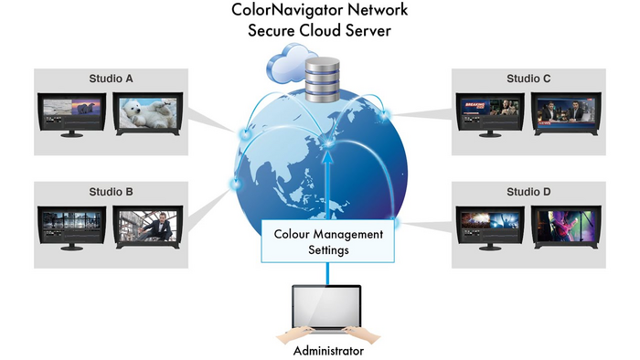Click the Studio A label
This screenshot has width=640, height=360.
click(111, 79)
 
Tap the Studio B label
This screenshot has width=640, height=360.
click(111, 192)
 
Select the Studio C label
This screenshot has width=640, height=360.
click(528, 79)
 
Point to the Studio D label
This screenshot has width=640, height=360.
click(528, 192)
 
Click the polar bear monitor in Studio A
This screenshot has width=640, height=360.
click(148, 113)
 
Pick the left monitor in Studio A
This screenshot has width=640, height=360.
click(71, 112)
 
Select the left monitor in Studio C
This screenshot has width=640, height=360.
click(490, 112)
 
